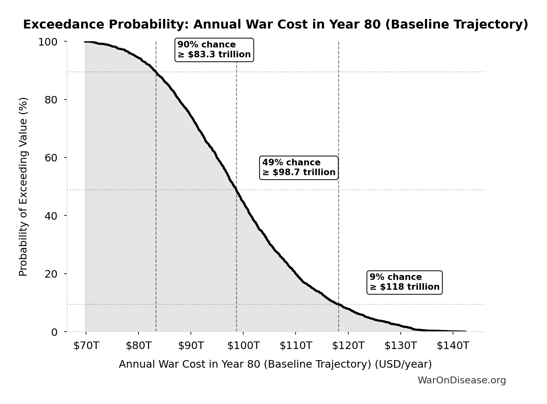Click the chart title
(x=275, y=25)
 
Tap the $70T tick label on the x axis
(x=86, y=345)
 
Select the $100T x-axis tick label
(x=243, y=345)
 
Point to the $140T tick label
(x=453, y=345)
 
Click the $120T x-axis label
(x=348, y=345)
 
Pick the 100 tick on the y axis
(x=48, y=42)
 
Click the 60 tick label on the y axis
(x=51, y=158)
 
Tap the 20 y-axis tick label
(x=51, y=274)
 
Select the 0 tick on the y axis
(x=54, y=332)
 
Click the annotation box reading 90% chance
(x=214, y=50)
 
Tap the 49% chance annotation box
(x=299, y=168)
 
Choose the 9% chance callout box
(x=404, y=282)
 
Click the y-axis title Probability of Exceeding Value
(x=23, y=187)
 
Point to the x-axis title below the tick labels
(x=275, y=364)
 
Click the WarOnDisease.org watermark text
(x=462, y=380)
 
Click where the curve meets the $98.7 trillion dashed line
(x=236, y=190)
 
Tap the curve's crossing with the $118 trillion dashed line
(x=338, y=304)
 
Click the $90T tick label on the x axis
(x=191, y=345)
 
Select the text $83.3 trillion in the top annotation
(x=219, y=54)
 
